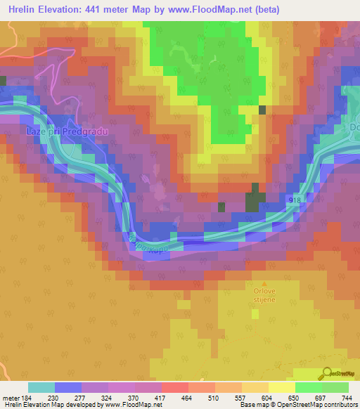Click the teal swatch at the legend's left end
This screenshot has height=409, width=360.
coord(41,387)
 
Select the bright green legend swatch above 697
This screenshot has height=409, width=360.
coord(308,387)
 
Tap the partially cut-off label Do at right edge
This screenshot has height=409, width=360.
coord(354,128)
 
